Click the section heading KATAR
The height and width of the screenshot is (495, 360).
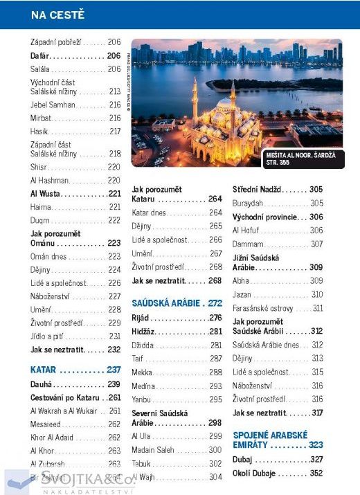44,370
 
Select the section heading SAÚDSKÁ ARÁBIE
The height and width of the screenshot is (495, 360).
167,303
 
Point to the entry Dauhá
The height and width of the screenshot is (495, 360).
46,384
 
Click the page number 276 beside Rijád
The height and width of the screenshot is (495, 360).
215,318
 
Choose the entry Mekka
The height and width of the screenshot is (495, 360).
144,372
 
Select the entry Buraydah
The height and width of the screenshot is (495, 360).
251,203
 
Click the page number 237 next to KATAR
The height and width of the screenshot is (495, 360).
114,370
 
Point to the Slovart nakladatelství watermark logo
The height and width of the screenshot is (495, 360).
69,480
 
